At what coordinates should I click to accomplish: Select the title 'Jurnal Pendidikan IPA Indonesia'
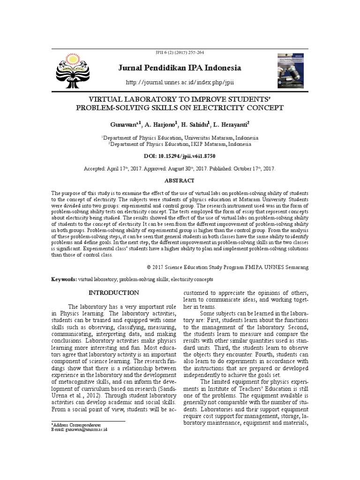[x=180, y=68]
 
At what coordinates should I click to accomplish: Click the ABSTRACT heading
[x=180, y=180]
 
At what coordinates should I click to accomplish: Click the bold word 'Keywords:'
[x=64, y=279]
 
